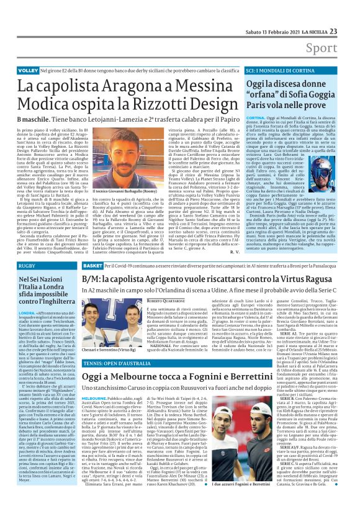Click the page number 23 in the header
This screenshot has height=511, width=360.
350,14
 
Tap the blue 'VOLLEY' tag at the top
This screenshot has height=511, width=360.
27,71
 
